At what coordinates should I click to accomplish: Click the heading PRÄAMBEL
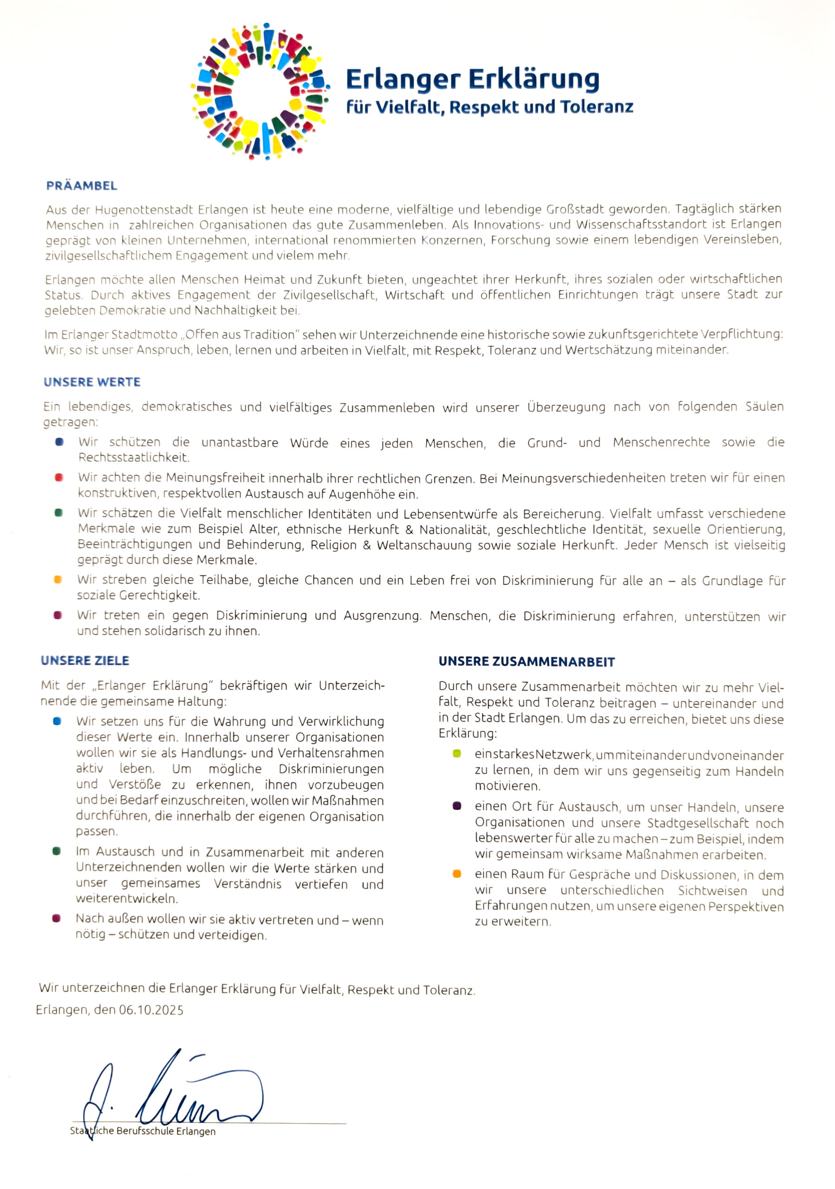point(82,185)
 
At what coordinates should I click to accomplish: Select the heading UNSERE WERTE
point(92,382)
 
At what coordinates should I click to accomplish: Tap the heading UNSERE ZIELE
point(85,660)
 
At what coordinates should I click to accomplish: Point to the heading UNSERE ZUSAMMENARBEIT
point(527,661)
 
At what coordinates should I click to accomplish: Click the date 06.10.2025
point(151,1010)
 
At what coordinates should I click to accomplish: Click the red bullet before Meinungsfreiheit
point(59,477)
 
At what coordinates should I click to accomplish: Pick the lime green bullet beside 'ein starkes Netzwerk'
point(457,754)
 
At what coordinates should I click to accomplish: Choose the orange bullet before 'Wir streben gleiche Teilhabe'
point(58,580)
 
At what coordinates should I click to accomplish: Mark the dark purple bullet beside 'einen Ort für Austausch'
point(457,806)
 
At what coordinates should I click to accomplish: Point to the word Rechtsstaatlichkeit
point(134,457)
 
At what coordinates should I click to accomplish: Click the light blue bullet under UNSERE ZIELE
point(57,721)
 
